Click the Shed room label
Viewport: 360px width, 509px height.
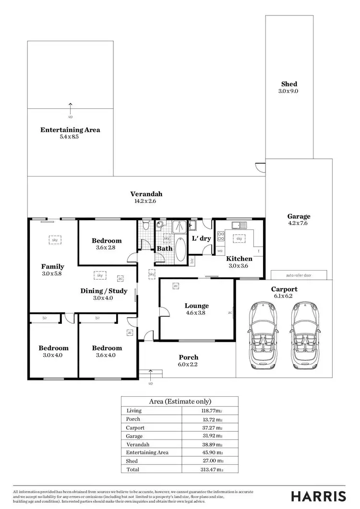click(x=289, y=84)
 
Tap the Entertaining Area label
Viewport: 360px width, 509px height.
click(x=70, y=130)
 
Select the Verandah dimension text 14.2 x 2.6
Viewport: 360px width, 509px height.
click(x=146, y=201)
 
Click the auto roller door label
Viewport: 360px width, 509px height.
click(x=299, y=275)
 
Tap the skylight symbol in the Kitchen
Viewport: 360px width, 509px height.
click(x=239, y=238)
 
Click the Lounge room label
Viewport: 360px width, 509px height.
click(x=197, y=306)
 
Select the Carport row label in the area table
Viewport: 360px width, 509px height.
click(x=135, y=427)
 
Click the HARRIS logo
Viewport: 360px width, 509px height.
click(x=319, y=496)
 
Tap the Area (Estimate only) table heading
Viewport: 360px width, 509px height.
click(x=180, y=402)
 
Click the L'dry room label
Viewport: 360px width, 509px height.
click(x=201, y=238)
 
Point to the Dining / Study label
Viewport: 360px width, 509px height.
click(x=104, y=291)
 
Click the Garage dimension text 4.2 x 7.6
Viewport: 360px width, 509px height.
click(x=299, y=224)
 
